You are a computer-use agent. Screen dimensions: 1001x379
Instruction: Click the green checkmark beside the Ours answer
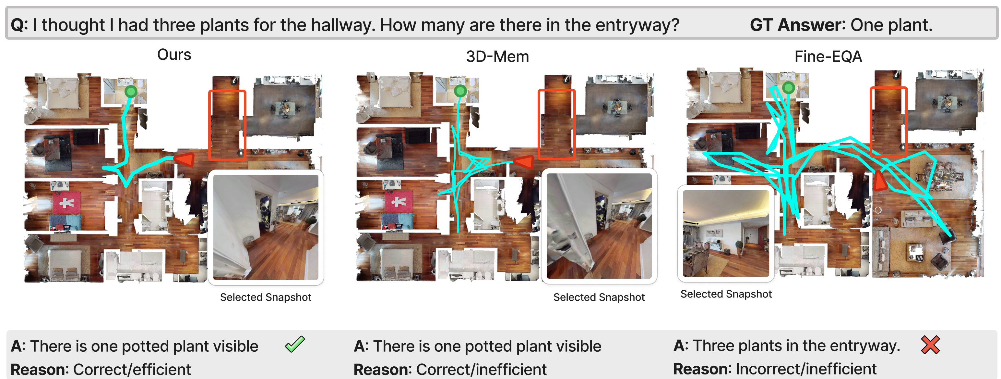click(x=295, y=344)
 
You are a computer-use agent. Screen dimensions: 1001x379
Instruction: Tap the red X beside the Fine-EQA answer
click(x=930, y=345)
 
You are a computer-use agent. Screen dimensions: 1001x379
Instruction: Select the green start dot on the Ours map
click(x=131, y=92)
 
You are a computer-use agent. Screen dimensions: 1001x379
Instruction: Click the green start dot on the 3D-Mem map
click(x=460, y=91)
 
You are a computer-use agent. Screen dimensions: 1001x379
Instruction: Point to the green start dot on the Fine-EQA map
click(x=788, y=88)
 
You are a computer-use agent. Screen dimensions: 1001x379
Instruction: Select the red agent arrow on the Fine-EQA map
click(x=880, y=180)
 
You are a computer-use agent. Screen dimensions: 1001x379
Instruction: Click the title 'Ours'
click(x=174, y=55)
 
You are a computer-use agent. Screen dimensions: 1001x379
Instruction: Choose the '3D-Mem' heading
click(x=497, y=57)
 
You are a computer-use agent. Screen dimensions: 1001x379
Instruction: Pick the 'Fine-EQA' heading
click(x=828, y=57)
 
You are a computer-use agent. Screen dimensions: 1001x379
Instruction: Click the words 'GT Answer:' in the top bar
click(x=797, y=25)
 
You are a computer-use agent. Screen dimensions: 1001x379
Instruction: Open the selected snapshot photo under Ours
click(x=266, y=227)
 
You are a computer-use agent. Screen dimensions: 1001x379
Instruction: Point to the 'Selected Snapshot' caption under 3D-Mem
click(x=599, y=297)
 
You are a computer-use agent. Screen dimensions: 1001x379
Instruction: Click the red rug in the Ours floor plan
click(x=66, y=202)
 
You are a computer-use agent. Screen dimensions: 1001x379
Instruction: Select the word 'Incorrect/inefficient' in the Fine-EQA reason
click(x=806, y=369)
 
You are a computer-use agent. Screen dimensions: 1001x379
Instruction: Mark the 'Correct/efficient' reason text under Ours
click(x=132, y=369)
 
